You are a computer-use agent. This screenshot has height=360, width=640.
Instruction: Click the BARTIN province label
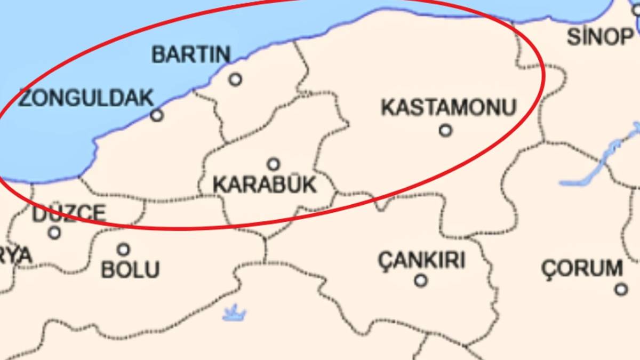pos(191,54)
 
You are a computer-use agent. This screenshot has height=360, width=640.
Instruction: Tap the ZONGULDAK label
pos(86,98)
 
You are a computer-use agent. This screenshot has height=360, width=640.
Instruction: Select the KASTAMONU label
pos(449,107)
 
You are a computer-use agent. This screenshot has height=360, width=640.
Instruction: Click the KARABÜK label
pos(265,185)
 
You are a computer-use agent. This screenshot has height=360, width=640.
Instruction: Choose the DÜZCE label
pos(69,213)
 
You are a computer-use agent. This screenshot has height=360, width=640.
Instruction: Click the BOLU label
pos(131,269)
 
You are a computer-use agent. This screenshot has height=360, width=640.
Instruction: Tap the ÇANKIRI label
pos(421,260)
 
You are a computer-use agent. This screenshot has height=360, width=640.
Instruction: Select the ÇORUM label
pos(582,268)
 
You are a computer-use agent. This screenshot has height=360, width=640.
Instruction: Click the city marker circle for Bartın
pos(235,79)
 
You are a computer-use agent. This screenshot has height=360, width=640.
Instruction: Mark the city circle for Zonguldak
pos(157,115)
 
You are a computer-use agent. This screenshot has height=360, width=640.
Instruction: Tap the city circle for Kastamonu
pos(445,130)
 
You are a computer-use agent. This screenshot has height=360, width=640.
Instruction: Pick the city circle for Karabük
pos(274,164)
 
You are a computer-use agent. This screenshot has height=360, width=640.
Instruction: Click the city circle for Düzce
pos(54,233)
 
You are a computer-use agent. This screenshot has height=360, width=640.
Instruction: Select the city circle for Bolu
pos(124,249)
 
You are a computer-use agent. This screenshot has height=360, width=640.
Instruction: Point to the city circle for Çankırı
pos(421,280)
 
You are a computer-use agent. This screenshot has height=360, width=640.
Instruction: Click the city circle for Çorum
pos(621,289)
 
